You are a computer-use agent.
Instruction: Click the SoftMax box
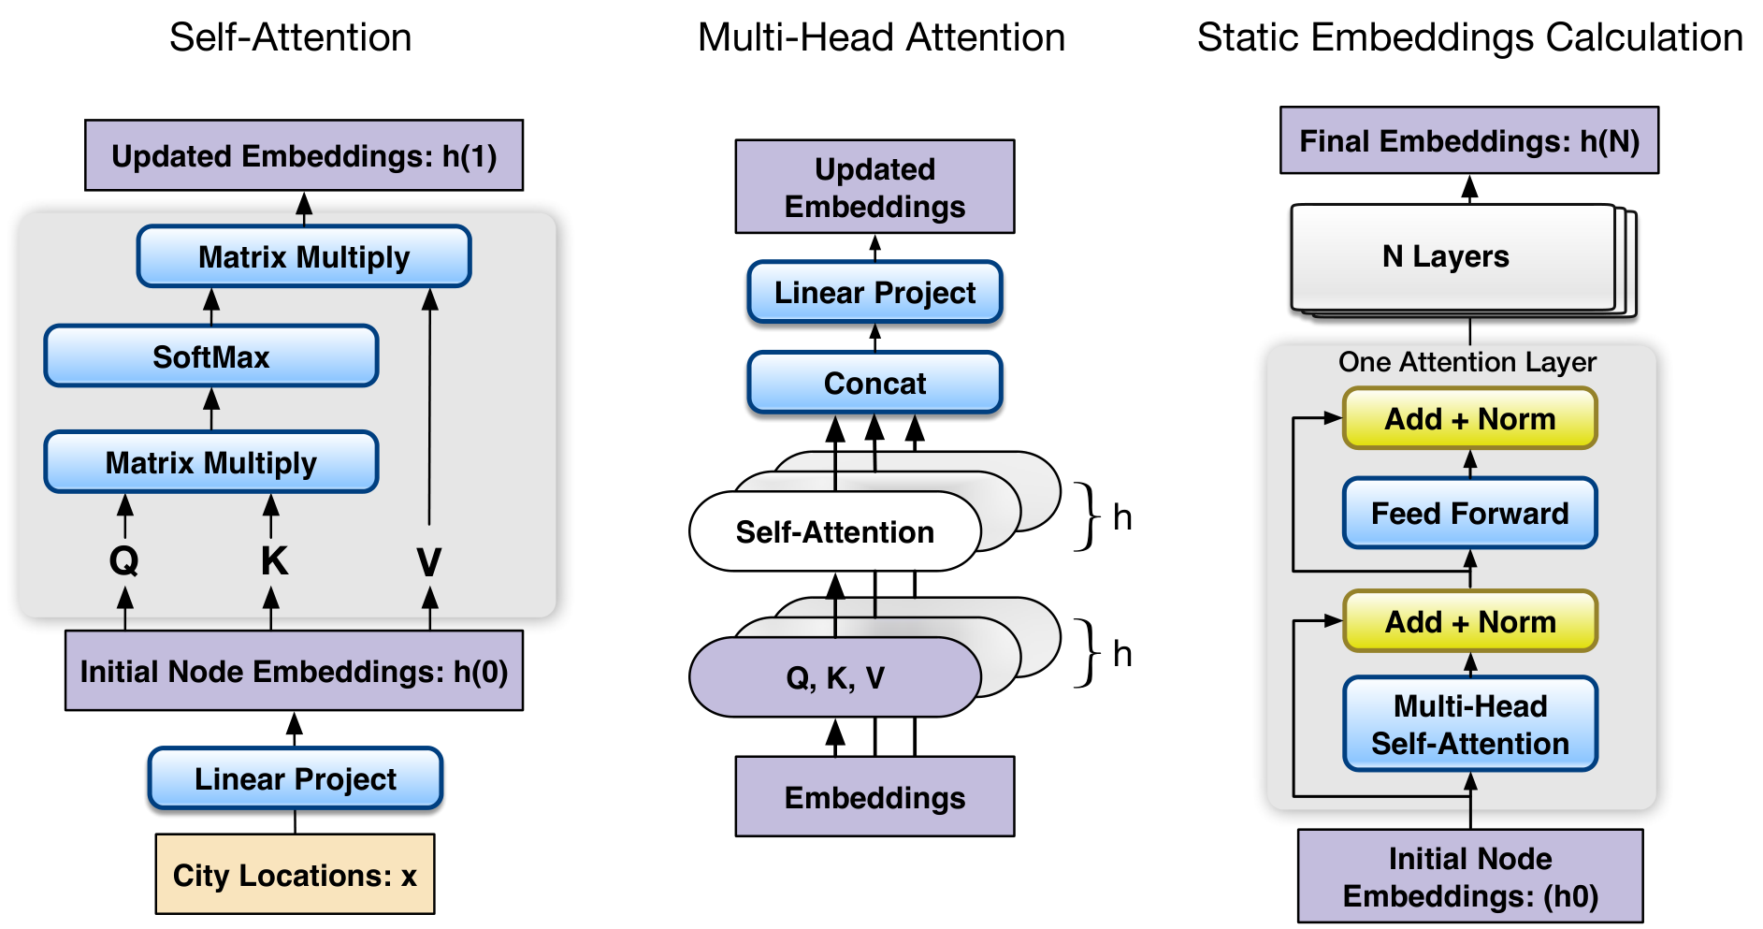pyautogui.click(x=211, y=356)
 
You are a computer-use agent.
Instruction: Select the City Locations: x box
pyautogui.click(x=295, y=875)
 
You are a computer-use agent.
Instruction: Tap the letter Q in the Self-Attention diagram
pyautogui.click(x=124, y=561)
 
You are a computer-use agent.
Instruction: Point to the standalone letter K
pyautogui.click(x=273, y=561)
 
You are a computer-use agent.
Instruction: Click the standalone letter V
pyautogui.click(x=429, y=562)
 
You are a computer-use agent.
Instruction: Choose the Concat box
pyautogui.click(x=874, y=383)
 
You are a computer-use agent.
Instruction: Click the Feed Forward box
pyautogui.click(x=1469, y=513)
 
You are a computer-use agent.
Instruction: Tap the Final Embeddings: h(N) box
pyautogui.click(x=1469, y=140)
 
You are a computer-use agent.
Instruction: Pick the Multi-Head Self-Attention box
pyautogui.click(x=1469, y=724)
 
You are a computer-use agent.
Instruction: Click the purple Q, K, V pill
pyautogui.click(x=835, y=677)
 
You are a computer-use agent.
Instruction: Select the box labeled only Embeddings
pyautogui.click(x=874, y=797)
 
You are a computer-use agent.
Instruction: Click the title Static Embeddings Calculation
pyautogui.click(x=1469, y=37)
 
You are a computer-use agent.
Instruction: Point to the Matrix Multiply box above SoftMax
pyautogui.click(x=304, y=256)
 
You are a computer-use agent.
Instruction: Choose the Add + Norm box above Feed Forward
pyautogui.click(x=1469, y=418)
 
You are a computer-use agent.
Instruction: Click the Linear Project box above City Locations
pyautogui.click(x=295, y=778)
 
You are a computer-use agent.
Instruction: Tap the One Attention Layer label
pyautogui.click(x=1467, y=362)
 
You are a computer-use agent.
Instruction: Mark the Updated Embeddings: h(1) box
pyautogui.click(x=304, y=155)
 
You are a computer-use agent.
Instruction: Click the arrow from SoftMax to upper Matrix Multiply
pyautogui.click(x=211, y=307)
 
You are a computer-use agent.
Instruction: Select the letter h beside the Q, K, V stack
pyautogui.click(x=1122, y=654)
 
